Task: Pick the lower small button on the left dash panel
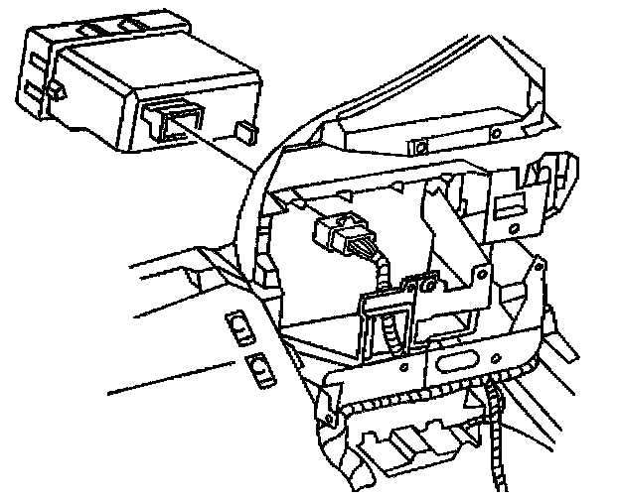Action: pyautogui.click(x=261, y=368)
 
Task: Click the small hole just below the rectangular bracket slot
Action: pyautogui.click(x=514, y=229)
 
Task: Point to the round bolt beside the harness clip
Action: pyautogui.click(x=429, y=286)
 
